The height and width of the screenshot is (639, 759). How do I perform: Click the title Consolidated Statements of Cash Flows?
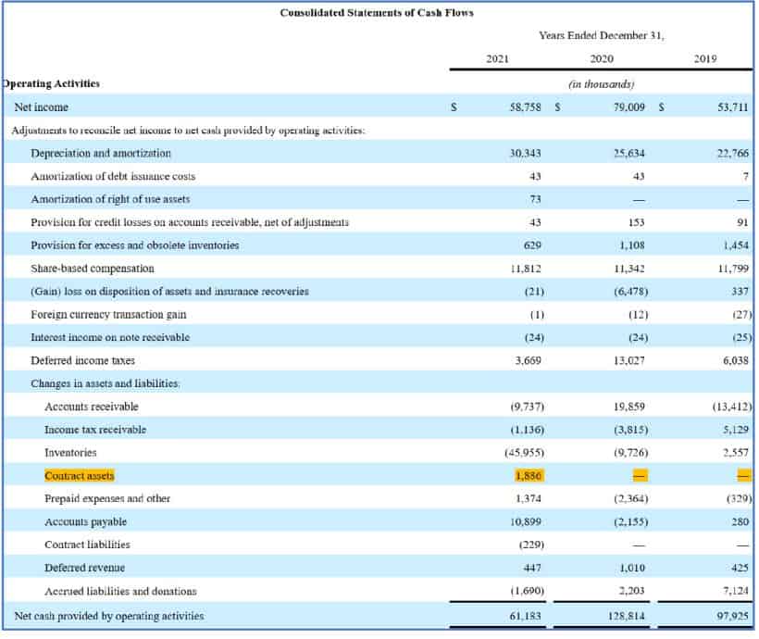[377, 12]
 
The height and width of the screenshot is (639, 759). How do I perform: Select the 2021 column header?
[497, 60]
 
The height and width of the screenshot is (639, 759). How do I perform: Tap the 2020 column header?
[601, 60]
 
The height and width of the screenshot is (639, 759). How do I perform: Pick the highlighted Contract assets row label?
[80, 475]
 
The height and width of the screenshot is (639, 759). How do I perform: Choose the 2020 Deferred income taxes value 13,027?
[628, 360]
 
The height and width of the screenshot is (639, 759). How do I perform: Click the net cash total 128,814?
[627, 615]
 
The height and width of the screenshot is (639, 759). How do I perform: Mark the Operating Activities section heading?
[53, 83]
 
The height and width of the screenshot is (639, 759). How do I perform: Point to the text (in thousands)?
[601, 84]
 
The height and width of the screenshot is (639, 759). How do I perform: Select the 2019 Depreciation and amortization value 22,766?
[732, 154]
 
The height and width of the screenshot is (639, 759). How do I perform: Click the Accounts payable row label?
[85, 521]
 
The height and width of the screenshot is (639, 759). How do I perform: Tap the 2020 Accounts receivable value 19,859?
[628, 407]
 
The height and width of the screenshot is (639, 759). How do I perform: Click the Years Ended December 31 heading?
[601, 35]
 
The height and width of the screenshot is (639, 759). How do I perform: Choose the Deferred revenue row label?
[84, 567]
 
